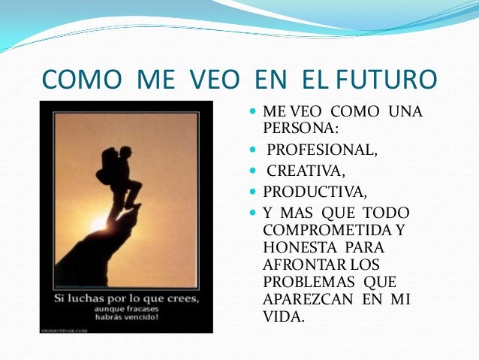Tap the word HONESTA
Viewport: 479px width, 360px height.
pyautogui.click(x=295, y=247)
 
